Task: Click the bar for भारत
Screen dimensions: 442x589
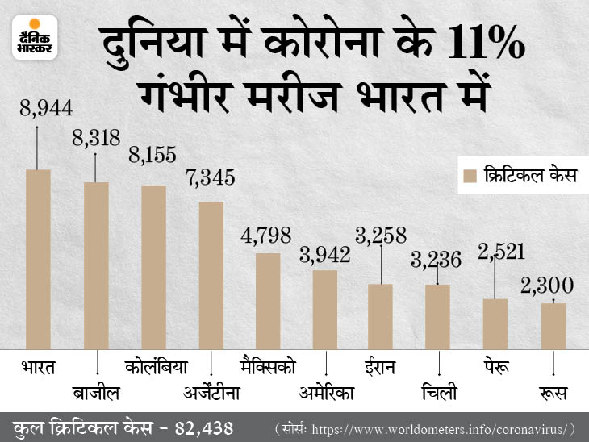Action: point(39,259)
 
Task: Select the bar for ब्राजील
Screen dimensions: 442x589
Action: point(96,265)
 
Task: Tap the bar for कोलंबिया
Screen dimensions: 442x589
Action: point(153,267)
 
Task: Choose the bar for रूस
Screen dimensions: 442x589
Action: point(553,326)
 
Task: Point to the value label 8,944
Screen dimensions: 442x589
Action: point(39,106)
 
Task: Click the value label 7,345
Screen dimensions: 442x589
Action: point(210,177)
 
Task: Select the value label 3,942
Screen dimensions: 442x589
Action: point(324,255)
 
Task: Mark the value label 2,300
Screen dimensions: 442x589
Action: point(548,285)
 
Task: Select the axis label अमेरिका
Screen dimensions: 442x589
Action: point(327,394)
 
